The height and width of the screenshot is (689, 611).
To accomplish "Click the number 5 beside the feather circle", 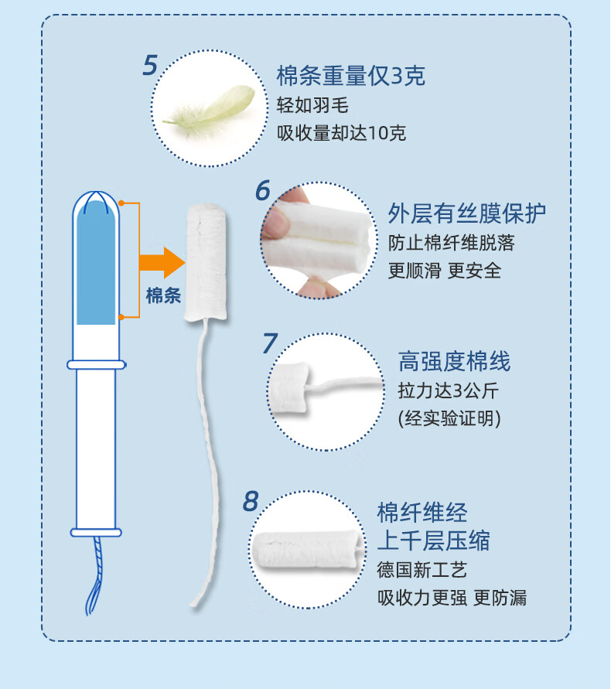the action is click(x=150, y=65).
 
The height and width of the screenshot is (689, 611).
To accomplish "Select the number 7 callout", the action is click(x=270, y=343).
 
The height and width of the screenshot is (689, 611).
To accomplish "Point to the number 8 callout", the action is click(x=251, y=501).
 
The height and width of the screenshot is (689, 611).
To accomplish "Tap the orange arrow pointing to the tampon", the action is click(x=162, y=262).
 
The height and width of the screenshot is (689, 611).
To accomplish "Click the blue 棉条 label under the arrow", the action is click(x=163, y=295).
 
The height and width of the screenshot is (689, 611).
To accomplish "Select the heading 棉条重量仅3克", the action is click(x=351, y=76).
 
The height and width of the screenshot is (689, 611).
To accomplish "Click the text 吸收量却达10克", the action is click(x=341, y=133).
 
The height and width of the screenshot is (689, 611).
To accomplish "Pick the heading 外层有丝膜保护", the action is click(x=467, y=213).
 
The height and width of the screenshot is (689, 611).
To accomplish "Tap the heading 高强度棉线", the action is click(x=455, y=361).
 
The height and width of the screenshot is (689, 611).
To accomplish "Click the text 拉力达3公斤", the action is click(x=448, y=391).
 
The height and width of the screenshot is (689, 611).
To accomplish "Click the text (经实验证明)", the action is click(x=449, y=418).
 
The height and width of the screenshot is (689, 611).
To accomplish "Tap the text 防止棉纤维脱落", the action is click(x=451, y=243).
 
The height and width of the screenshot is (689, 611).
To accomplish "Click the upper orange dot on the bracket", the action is click(x=121, y=203).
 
